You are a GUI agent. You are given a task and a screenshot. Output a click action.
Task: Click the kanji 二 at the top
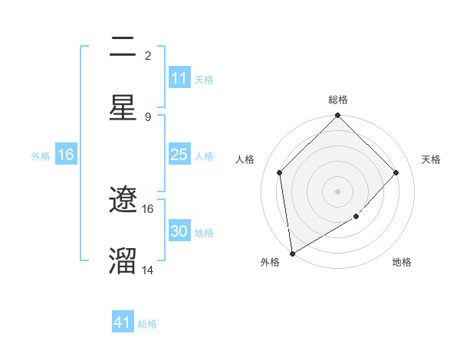[123, 47]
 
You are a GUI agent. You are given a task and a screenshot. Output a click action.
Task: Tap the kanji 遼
[123, 201]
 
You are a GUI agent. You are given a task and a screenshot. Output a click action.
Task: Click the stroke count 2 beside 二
[148, 55]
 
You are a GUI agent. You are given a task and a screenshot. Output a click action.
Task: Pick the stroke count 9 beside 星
[148, 116]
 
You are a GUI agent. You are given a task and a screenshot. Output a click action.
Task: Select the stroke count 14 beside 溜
[148, 270]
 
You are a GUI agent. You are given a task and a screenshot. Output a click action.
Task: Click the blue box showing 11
[179, 78]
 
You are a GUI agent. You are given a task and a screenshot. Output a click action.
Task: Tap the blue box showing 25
[179, 155]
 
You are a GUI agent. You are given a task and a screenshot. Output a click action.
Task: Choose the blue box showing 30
[179, 231]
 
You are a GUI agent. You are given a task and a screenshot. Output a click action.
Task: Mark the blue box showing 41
[123, 322]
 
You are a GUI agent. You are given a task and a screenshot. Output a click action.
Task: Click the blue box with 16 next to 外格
[66, 155]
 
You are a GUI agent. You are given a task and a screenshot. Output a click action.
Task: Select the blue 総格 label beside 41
[147, 324]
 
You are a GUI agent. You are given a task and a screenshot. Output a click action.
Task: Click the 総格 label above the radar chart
[338, 100]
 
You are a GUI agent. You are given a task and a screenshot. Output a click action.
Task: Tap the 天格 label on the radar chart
[431, 159]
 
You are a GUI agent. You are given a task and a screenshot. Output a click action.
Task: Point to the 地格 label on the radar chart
[402, 262]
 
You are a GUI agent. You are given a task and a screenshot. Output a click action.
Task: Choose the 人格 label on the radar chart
[245, 159]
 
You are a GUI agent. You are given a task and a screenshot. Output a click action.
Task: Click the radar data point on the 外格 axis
[292, 254]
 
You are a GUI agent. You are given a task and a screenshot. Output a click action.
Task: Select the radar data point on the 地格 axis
[356, 217]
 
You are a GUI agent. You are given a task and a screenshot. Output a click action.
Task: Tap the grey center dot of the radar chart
[338, 191]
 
